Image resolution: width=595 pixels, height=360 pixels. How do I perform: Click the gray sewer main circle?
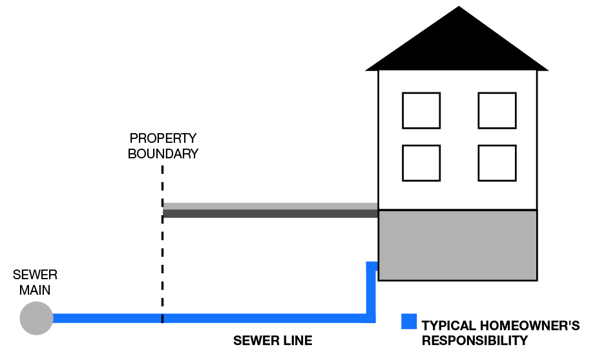36,318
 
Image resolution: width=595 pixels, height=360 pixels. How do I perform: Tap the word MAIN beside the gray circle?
35,290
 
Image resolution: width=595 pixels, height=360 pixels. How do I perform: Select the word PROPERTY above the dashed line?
163,138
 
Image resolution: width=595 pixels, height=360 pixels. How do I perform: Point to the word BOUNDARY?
163,154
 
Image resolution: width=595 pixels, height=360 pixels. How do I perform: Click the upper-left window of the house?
421,111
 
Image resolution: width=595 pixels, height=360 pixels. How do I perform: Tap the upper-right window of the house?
497,111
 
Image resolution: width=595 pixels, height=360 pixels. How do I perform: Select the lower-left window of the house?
421,163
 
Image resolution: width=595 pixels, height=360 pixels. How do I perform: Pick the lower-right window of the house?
497,163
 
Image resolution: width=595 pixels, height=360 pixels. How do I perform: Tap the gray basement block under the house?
457,245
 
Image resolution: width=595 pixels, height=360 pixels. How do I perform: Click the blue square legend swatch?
408,321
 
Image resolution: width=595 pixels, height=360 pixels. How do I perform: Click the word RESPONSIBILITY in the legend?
475,341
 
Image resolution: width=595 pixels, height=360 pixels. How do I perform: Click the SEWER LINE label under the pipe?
273,341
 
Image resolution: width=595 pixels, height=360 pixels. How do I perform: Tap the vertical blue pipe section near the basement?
371,288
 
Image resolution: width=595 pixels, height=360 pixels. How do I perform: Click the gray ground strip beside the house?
270,210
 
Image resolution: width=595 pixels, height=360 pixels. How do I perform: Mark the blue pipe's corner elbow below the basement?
371,317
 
